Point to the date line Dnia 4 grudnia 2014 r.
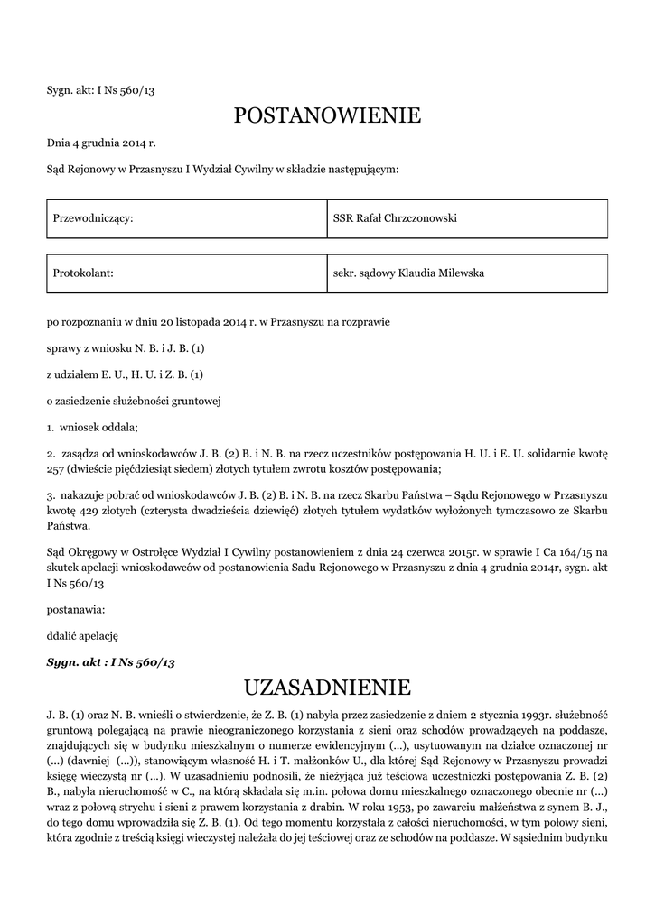tap(101, 143)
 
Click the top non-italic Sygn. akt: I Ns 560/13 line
tap(101, 90)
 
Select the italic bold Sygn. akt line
tap(110, 662)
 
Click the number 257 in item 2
tap(58, 469)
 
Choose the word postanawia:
tap(75, 609)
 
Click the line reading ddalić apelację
tap(82, 635)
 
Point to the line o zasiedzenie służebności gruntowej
tap(134, 400)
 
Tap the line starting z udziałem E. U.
tap(125, 374)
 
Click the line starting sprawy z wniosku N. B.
tap(126, 347)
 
